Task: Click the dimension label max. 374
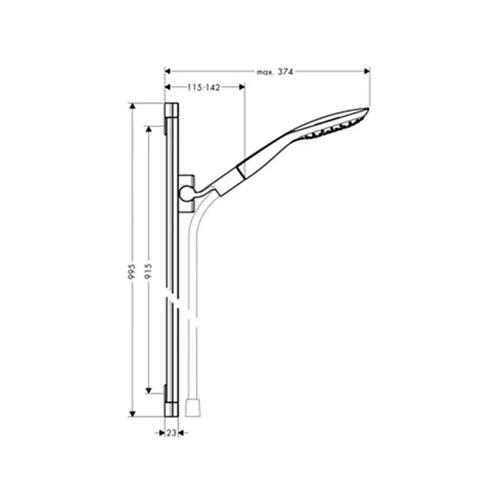[x=275, y=72]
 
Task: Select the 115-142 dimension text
[x=204, y=88]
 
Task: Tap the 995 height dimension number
[x=132, y=272]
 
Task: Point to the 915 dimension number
[x=148, y=271]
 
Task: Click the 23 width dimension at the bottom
[x=171, y=433]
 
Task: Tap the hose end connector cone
[x=193, y=409]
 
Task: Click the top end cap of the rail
[x=171, y=110]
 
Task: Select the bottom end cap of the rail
[x=171, y=410]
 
